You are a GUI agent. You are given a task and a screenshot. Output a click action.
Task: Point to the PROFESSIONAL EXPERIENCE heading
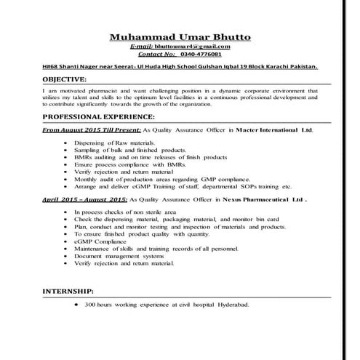[98, 116]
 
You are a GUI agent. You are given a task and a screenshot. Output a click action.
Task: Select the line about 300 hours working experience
[167, 306]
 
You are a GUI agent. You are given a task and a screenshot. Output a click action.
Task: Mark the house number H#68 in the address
[50, 65]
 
